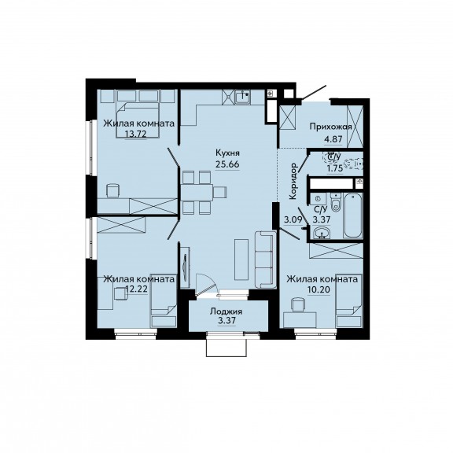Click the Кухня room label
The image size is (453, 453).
tap(227, 153)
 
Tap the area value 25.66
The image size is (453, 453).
tap(227, 164)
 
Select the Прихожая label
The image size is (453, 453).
tap(330, 127)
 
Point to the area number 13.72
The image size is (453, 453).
tap(136, 134)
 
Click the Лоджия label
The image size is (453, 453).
tap(226, 311)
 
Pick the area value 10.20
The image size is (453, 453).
tap(319, 289)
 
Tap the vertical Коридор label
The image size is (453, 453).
tap(293, 181)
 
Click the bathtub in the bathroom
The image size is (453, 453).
tap(352, 215)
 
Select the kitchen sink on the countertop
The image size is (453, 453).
tap(243, 97)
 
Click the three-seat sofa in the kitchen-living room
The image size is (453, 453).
tap(264, 260)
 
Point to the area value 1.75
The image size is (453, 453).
tap(335, 168)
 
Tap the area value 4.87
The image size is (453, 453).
tap(333, 139)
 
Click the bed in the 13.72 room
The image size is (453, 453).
tap(138, 119)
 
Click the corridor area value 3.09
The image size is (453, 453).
tap(293, 220)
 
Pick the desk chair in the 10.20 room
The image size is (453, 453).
tap(298, 305)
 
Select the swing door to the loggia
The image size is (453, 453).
tap(206, 284)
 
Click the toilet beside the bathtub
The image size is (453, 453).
tap(335, 202)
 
